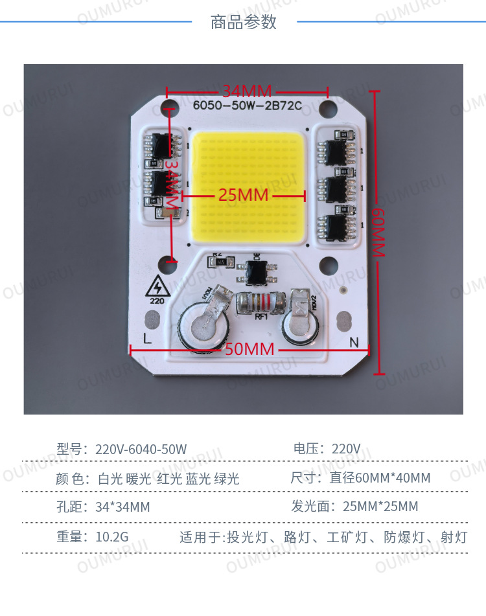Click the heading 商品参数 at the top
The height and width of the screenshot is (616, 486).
244,22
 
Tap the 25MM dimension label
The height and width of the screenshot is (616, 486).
243,195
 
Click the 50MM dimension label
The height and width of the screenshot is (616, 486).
249,350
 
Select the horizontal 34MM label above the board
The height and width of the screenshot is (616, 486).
247,91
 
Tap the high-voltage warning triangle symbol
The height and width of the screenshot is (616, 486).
157,286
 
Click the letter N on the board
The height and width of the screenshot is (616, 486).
354,341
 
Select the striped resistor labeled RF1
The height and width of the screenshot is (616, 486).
261,302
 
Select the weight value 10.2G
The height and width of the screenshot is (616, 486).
112,537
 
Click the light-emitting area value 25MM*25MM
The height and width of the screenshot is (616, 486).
380,507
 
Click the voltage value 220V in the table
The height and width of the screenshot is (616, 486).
346,449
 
